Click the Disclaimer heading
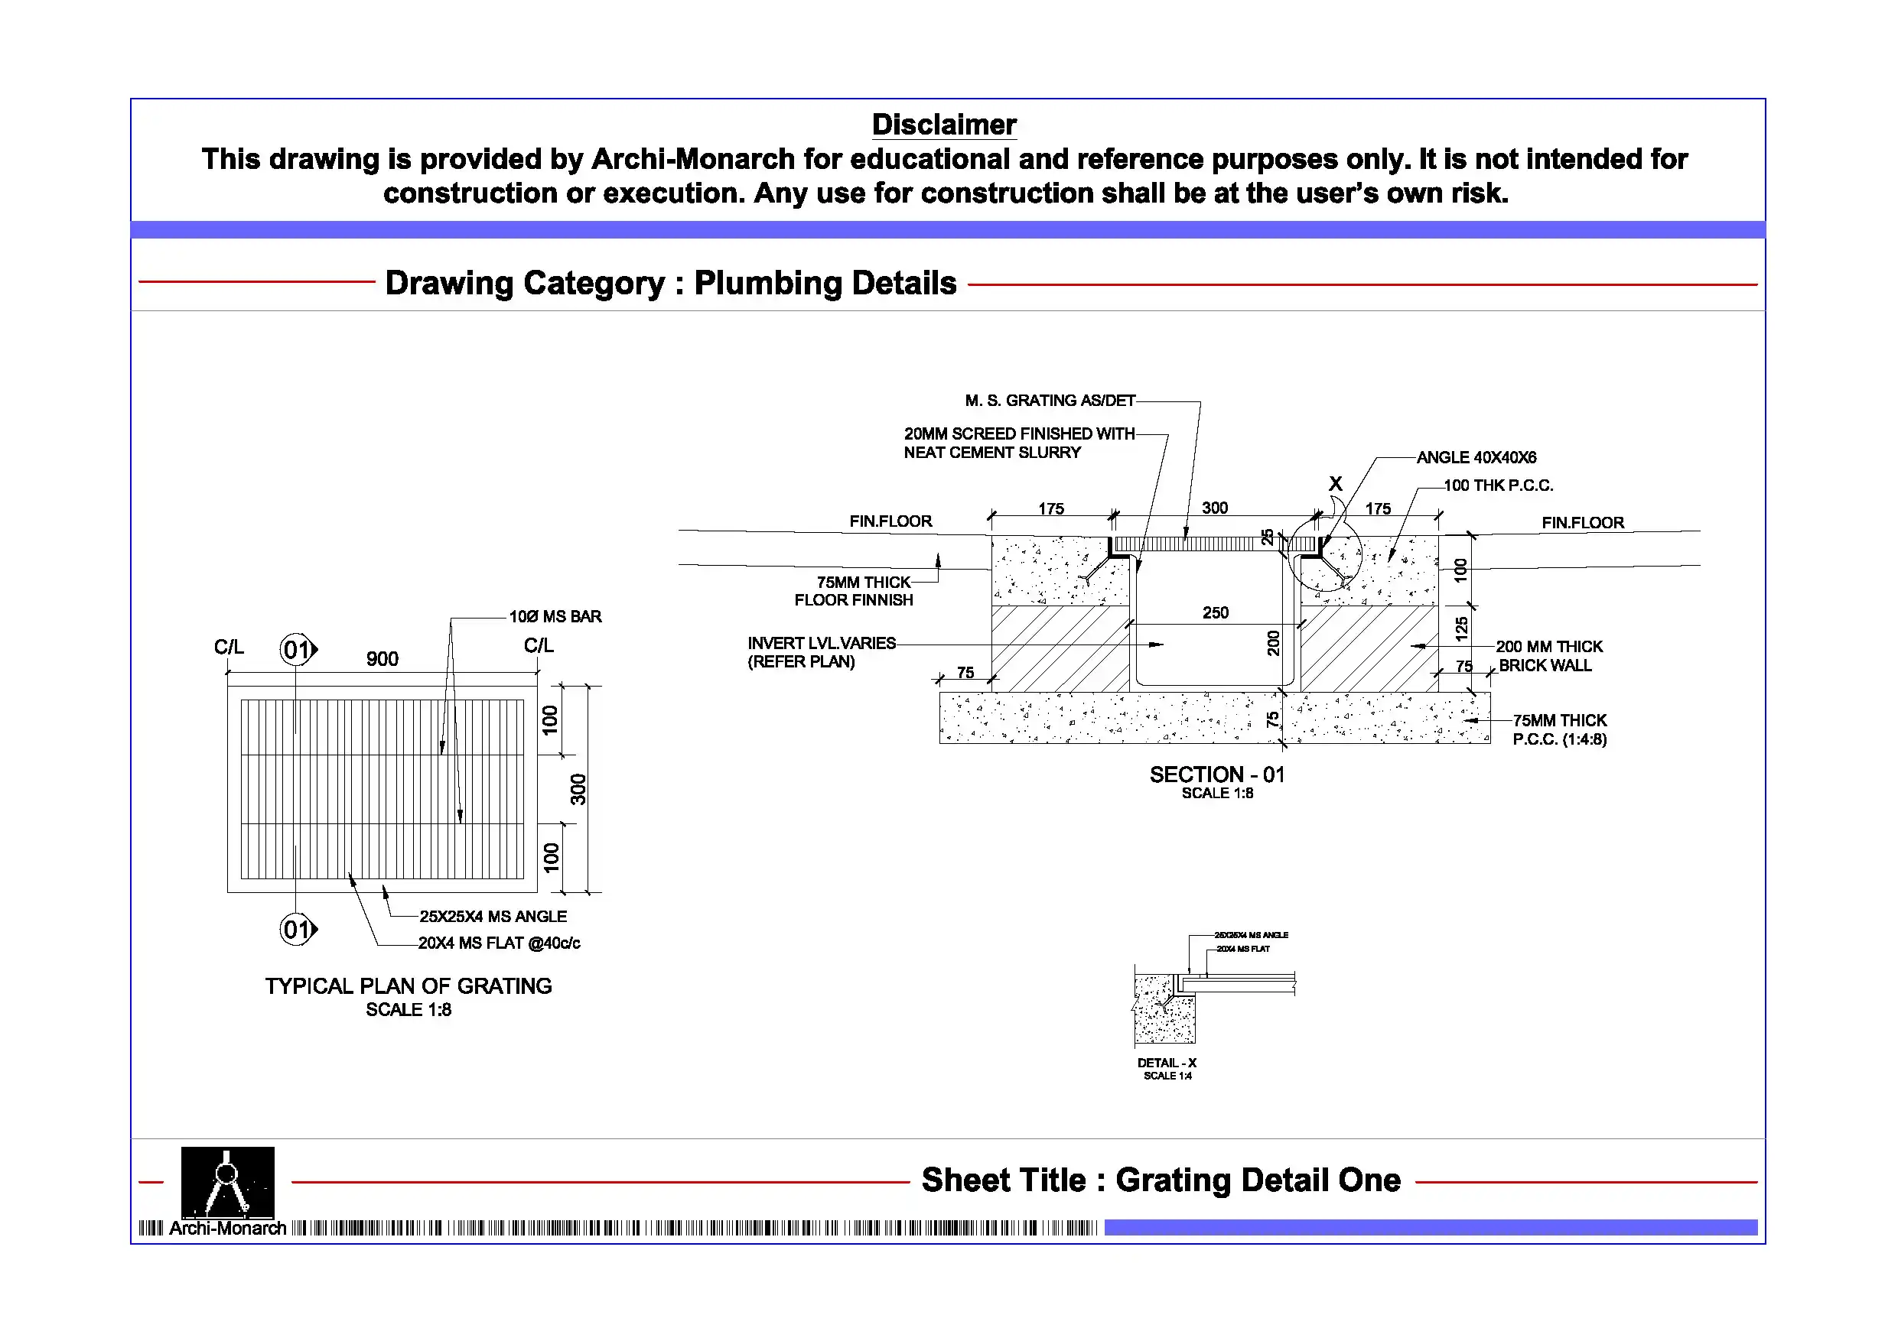(943, 125)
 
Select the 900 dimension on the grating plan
(382, 659)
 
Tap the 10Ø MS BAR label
(555, 616)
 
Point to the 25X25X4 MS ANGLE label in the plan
(493, 917)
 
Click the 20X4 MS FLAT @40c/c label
(499, 943)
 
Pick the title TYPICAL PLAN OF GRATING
(409, 986)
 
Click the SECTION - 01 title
(1217, 775)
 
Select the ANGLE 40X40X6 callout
(1476, 458)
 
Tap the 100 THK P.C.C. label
(1498, 485)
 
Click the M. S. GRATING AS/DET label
(1050, 401)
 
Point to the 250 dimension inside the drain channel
(1215, 613)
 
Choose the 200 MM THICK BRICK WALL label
(1548, 656)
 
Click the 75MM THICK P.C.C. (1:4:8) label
(1559, 729)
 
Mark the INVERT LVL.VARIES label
(821, 644)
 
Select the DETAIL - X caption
(1167, 1063)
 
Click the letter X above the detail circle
(1335, 484)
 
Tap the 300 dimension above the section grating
(1214, 508)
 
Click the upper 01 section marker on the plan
(297, 651)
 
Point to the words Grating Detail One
(1258, 1180)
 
